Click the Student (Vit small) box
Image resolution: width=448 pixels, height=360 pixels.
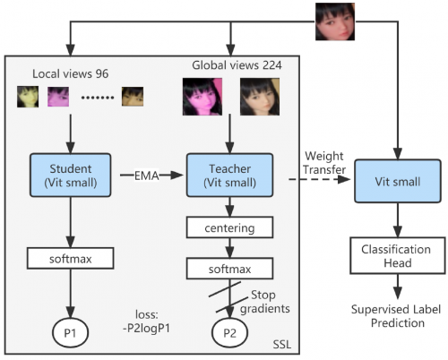coord(71,176)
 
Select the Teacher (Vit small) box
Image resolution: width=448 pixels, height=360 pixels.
coord(229,176)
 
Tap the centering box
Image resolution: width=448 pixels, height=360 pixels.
coord(229,227)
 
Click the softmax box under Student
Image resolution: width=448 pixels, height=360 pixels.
coord(71,258)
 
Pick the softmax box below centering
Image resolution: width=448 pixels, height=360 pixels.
coord(229,269)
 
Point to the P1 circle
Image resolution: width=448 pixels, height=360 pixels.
coord(71,332)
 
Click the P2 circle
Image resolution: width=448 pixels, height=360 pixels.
coord(229,332)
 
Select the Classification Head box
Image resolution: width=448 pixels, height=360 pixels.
coord(398,255)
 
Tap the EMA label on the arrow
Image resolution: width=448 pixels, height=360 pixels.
coord(146,176)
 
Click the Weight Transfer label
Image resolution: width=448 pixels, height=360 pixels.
coord(324,163)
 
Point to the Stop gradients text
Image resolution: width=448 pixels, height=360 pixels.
coord(265,302)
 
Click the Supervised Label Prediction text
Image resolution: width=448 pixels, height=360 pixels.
coord(396,316)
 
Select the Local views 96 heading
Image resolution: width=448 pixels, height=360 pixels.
coord(70,73)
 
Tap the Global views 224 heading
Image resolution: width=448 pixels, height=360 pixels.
coord(237,65)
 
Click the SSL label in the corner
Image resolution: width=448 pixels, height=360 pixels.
coord(282,345)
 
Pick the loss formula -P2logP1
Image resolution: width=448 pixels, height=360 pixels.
coord(146,321)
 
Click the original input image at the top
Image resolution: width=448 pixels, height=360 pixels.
coord(335,21)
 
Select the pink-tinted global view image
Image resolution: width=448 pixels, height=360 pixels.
coord(202,97)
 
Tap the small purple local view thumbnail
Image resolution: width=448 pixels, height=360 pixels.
coord(58,97)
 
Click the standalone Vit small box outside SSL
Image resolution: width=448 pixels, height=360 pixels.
coord(398,181)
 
